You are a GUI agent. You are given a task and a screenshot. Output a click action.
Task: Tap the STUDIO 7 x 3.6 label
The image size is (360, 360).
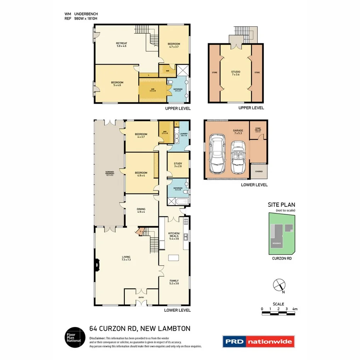pyautogui.click(x=236, y=73)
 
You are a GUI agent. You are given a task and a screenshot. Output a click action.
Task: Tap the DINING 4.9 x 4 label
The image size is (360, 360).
pyautogui.click(x=141, y=210)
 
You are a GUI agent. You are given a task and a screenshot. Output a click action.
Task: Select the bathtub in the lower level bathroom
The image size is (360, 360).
pyautogui.click(x=178, y=201)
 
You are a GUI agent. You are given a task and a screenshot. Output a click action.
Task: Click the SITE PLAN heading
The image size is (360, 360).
pyautogui.click(x=281, y=205)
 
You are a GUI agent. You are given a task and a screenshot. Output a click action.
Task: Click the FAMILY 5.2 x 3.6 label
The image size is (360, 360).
pyautogui.click(x=173, y=282)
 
